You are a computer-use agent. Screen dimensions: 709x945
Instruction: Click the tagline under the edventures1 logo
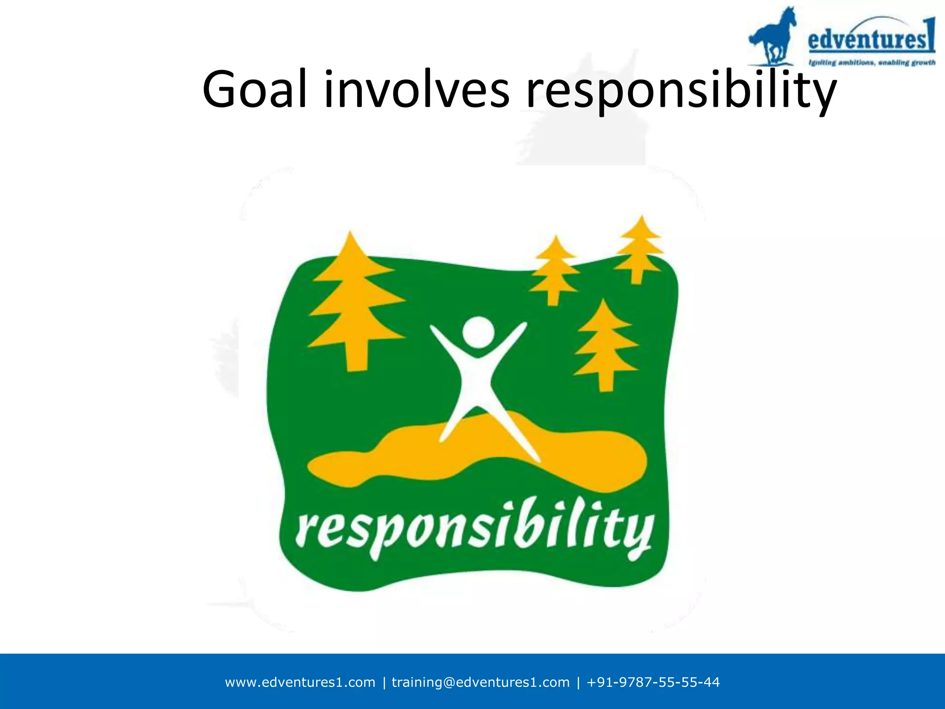[x=871, y=62]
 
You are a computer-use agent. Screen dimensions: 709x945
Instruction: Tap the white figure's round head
[x=478, y=332]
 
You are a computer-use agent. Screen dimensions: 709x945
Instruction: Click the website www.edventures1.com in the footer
[x=300, y=682]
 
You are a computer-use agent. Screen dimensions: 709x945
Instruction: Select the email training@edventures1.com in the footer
[x=480, y=682]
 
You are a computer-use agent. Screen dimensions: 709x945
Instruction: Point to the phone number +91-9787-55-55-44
[x=653, y=682]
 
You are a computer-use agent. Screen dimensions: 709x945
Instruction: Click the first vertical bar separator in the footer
[x=384, y=682]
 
